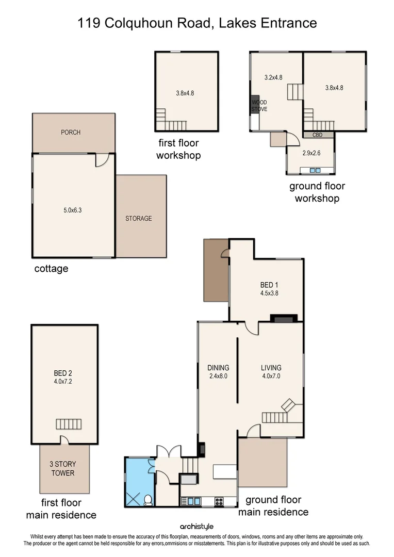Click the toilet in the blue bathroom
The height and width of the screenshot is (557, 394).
coord(148,499)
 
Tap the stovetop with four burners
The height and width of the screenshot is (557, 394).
coord(219,500)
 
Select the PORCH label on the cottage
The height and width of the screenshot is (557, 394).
coord(71,133)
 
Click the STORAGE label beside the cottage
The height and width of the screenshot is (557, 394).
coord(139,219)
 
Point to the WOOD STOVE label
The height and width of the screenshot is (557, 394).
coord(258,106)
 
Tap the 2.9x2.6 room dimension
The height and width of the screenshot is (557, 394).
coord(311,153)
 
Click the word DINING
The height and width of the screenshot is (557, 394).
coord(218,368)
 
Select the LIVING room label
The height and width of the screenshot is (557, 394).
coord(271,368)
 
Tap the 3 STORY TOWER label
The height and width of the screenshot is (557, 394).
coord(63,469)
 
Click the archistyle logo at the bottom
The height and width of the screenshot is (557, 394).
coord(196,527)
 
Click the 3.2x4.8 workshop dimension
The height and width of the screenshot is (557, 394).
coord(273,78)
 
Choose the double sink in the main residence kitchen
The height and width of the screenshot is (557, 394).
coord(192,500)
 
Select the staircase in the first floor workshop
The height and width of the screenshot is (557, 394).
coord(171,123)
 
